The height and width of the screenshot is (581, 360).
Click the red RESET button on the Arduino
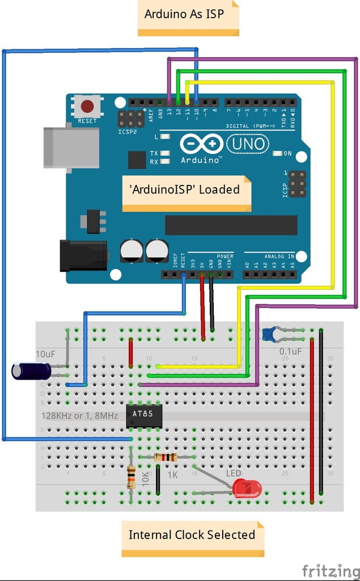point(87,106)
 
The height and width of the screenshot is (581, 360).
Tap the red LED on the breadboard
point(247,488)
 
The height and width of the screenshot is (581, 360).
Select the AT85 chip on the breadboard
point(144,416)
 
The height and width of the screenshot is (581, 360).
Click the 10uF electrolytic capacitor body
point(31,371)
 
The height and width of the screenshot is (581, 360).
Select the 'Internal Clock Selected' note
point(192,535)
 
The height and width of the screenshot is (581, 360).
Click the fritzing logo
point(330,570)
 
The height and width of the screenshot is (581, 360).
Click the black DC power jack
point(83,255)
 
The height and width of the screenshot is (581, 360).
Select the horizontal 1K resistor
point(166,457)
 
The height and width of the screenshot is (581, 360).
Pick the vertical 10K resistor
point(131,477)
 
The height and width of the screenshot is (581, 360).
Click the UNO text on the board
point(249,144)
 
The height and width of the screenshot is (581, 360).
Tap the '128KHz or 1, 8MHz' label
point(79,416)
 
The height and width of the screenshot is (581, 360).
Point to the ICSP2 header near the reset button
point(130,119)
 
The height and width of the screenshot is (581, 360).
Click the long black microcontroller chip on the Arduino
point(231,225)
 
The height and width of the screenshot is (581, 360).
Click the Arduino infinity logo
point(201,144)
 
